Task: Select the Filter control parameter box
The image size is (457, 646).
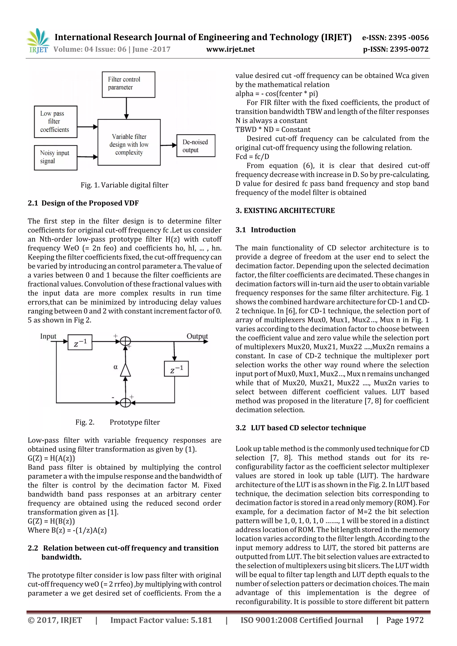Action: pos(128,84)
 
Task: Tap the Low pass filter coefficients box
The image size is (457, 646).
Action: pos(55,122)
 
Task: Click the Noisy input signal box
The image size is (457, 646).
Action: pos(55,158)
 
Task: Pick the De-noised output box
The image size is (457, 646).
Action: pos(195,145)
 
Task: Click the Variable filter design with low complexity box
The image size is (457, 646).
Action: pos(129,142)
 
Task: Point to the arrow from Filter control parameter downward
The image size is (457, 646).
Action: pos(126,108)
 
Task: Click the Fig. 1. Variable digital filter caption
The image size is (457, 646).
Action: pos(124,185)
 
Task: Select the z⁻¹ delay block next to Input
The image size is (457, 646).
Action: pos(80,342)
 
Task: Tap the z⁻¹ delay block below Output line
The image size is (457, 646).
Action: pos(176,369)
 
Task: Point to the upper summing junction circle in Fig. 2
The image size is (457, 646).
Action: pos(125,341)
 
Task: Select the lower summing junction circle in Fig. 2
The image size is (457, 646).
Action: pos(125,403)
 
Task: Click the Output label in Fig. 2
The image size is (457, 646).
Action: pos(197,336)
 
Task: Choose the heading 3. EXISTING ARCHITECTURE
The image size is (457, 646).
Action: pos(285,210)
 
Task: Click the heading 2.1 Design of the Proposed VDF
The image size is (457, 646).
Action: pos(83,203)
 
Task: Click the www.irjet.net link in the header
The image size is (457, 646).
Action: pos(230,49)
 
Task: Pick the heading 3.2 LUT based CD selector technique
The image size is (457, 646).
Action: pos(301,428)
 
